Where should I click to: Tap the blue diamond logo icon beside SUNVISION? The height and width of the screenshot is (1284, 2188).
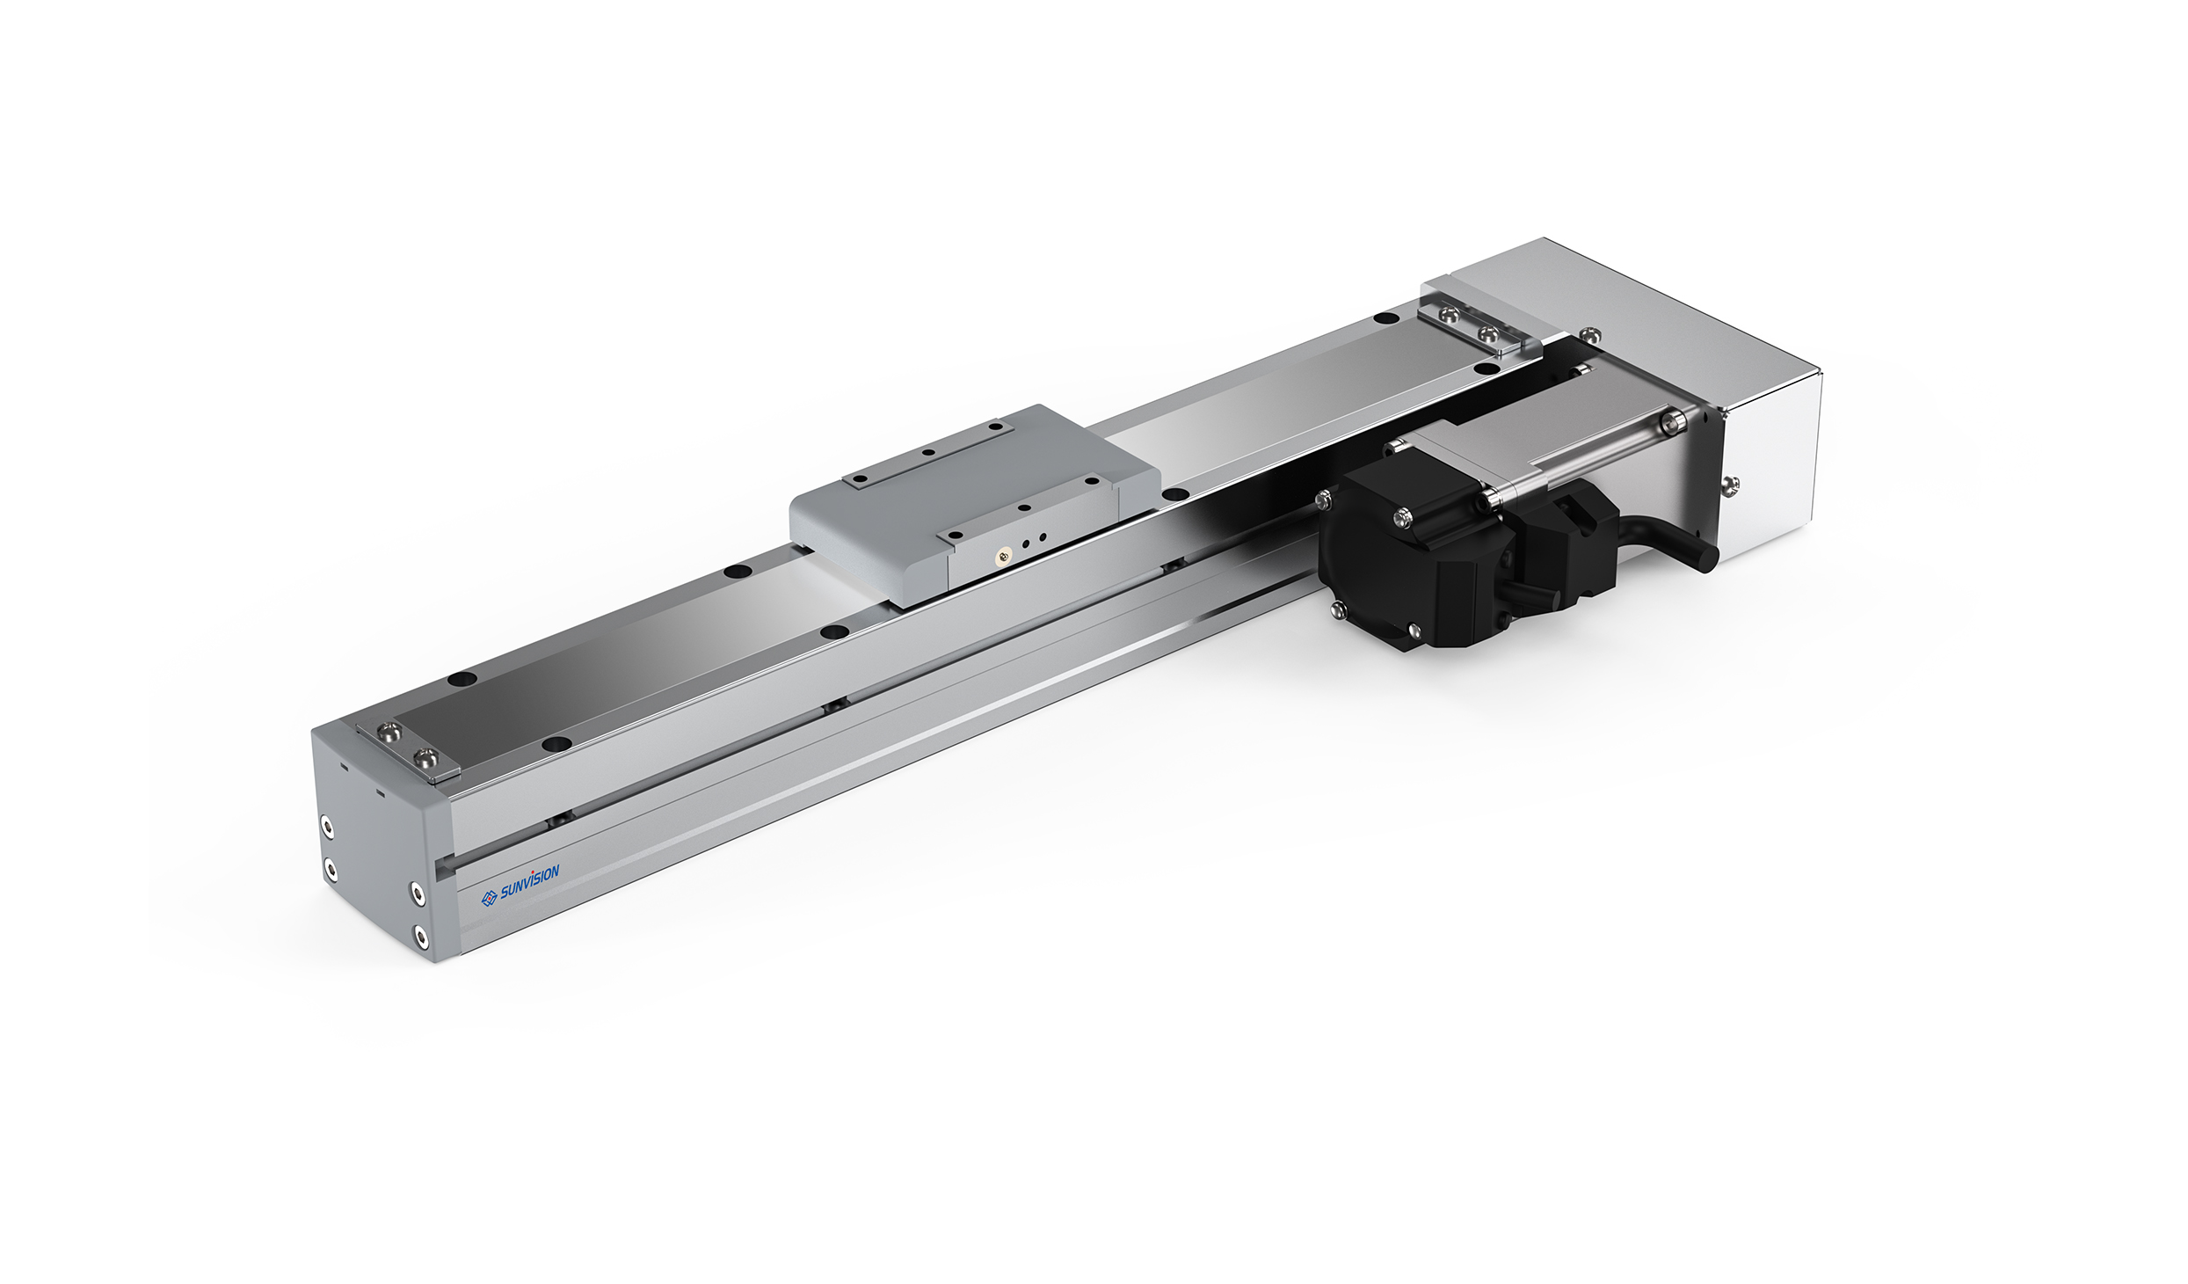click(x=490, y=899)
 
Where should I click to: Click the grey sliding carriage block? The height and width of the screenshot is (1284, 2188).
click(x=975, y=506)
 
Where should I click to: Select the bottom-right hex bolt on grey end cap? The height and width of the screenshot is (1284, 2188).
click(x=421, y=934)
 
